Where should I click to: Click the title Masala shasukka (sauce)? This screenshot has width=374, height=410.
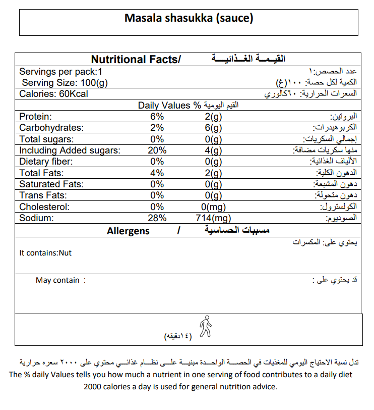click(189, 19)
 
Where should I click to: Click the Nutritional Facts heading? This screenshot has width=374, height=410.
click(135, 60)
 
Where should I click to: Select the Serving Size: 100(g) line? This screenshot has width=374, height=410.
click(64, 83)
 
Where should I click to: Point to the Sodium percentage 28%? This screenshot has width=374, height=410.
click(157, 218)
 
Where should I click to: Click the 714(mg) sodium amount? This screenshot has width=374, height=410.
click(212, 218)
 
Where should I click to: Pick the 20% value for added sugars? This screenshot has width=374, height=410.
click(157, 150)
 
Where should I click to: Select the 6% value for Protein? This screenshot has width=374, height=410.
click(157, 117)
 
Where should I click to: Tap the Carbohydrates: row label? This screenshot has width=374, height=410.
click(51, 128)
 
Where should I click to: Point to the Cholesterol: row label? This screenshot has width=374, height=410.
click(44, 207)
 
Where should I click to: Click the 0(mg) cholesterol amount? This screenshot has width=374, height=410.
click(212, 207)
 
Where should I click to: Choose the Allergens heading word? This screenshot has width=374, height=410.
click(128, 231)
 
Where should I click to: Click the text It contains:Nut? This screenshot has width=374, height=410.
click(45, 253)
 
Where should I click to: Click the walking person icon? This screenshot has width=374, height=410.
click(205, 326)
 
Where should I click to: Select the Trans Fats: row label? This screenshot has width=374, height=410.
click(43, 195)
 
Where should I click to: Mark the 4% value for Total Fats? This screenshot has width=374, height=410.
click(157, 173)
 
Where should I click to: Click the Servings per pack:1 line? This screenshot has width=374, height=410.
click(60, 72)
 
